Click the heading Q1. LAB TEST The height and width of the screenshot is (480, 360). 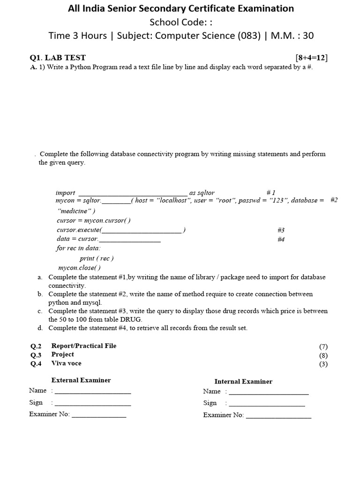[x=58, y=58]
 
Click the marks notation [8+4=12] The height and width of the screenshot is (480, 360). [x=312, y=58]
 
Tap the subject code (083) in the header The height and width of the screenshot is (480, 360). [x=248, y=35]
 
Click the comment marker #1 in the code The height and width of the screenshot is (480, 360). [x=271, y=193]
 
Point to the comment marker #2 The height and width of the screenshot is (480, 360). [x=334, y=200]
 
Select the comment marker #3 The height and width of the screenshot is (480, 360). [x=281, y=230]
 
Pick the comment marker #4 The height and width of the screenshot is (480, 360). [x=281, y=240]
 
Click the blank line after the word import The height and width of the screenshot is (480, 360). [x=133, y=193]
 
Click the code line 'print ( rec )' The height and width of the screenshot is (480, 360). [x=97, y=258]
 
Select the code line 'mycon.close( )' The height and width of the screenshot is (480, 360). [x=79, y=268]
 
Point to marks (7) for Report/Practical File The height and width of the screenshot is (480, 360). [x=323, y=347]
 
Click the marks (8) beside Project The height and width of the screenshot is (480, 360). [x=323, y=355]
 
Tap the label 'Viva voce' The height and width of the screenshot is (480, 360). [x=66, y=363]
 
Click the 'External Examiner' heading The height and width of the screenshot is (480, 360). [x=81, y=380]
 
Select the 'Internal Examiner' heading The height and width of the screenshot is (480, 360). [x=243, y=382]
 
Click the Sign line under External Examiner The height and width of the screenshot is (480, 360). [x=92, y=403]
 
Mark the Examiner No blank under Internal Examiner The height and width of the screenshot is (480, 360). [x=278, y=415]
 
